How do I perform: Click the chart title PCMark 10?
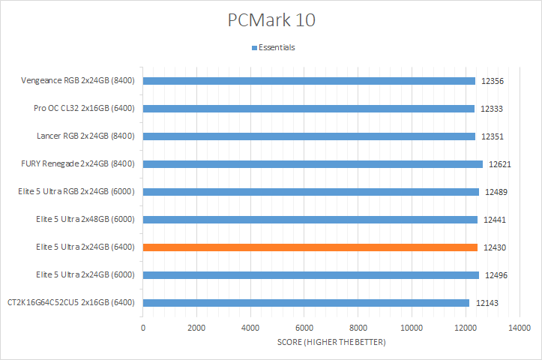271,20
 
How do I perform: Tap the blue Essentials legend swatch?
253,48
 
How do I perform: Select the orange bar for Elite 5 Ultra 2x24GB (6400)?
310,247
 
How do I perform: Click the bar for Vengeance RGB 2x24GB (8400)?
308,81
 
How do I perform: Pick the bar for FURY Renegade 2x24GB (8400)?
313,163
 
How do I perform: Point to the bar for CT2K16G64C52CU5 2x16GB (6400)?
306,303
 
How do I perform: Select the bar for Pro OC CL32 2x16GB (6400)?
308,109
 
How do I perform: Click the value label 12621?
499,163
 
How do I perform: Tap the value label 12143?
486,303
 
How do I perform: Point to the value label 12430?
494,247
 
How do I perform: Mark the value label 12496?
496,275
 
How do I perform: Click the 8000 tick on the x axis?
358,328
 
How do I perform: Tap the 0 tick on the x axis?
143,328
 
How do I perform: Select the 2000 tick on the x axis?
196,328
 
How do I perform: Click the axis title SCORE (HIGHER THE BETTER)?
331,343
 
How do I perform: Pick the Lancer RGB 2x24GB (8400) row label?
85,136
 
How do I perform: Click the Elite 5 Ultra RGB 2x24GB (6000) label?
75,192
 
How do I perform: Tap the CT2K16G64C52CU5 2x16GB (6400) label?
70,303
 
